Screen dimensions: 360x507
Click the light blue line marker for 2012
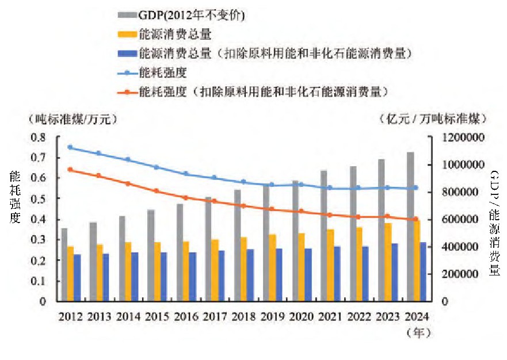click(x=70, y=147)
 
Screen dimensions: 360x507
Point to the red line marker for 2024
click(x=415, y=219)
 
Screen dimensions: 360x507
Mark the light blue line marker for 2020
click(x=301, y=184)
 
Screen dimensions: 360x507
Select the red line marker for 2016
click(x=186, y=197)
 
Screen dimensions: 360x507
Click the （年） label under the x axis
click(x=418, y=332)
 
